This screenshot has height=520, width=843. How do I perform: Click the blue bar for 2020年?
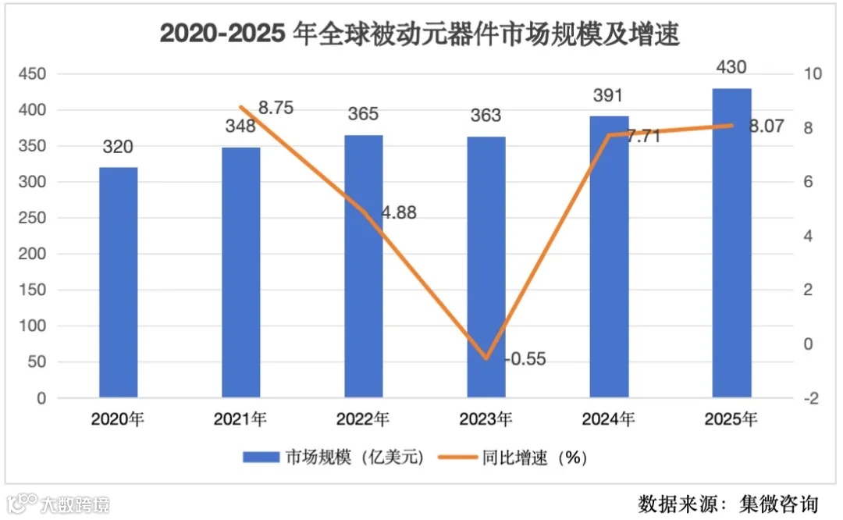point(118,283)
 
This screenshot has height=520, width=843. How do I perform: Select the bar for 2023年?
point(486,267)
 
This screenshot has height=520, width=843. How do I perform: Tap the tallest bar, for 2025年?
point(731,243)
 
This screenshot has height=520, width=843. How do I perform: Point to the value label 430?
point(731,69)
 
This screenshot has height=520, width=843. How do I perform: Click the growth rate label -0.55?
point(525,359)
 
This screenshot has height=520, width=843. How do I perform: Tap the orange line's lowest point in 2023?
point(486,358)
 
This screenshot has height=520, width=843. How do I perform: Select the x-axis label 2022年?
point(363,419)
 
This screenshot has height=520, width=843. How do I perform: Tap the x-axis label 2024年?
point(609,419)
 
